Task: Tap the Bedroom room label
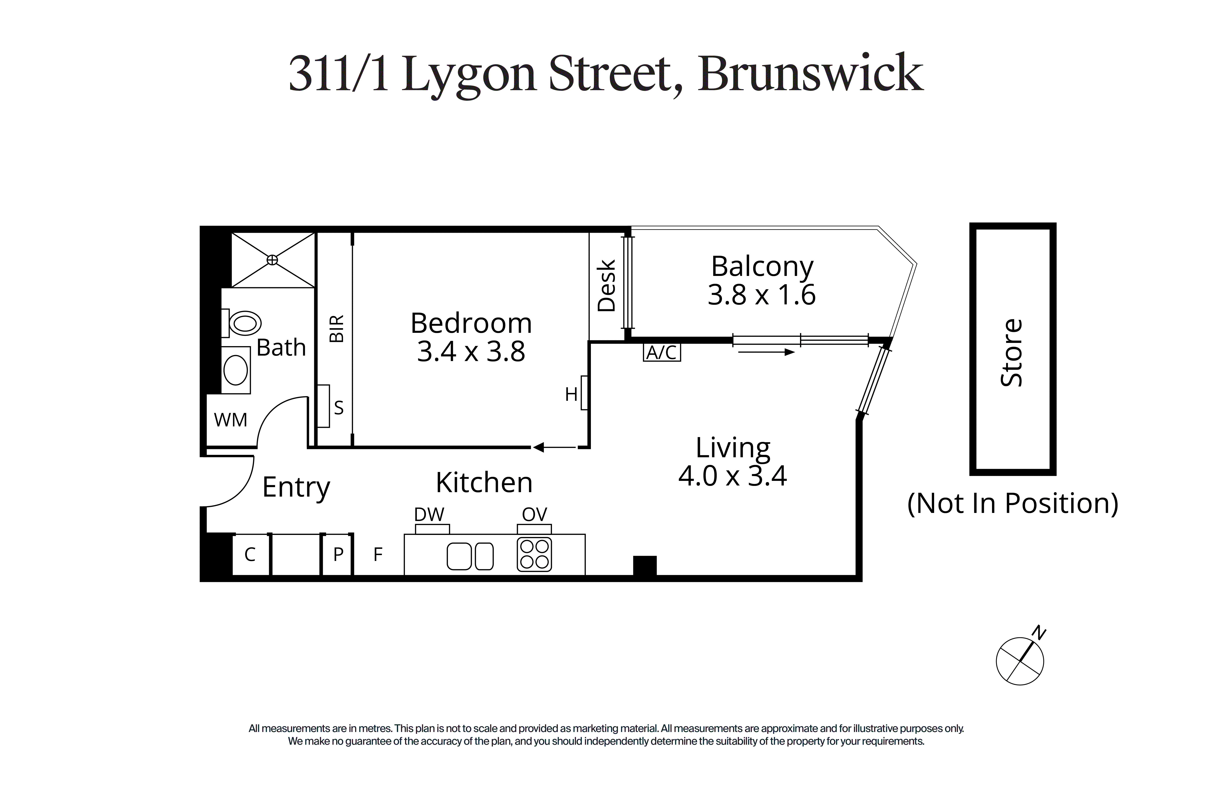click(471, 324)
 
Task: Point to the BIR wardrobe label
click(337, 329)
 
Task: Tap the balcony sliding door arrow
click(764, 352)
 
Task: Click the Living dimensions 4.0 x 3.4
click(732, 476)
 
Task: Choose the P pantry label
click(338, 554)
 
